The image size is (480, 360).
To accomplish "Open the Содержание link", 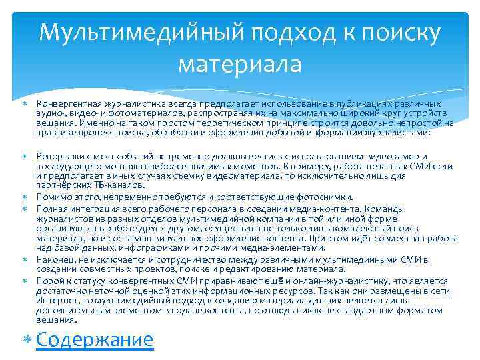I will point(95,339).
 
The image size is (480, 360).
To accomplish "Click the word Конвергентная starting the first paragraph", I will point(65,105).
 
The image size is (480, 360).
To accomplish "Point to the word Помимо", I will point(51,197).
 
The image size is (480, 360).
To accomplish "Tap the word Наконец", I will point(54,259).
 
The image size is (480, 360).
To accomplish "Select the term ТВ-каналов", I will point(123,185).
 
